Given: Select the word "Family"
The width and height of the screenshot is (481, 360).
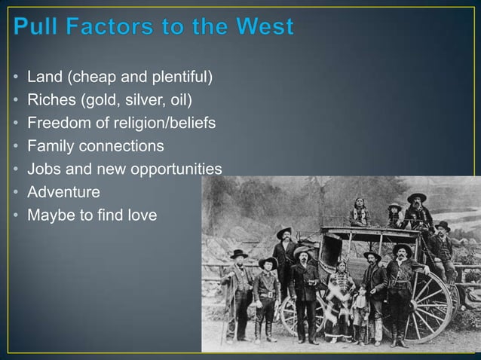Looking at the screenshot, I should pos(50,146).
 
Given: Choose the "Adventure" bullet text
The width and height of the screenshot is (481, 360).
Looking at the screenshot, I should pos(63,192).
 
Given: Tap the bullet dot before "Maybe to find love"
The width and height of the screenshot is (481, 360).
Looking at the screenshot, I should pos(16,215).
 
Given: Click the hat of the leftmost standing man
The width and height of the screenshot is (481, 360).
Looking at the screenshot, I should pos(238,254).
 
